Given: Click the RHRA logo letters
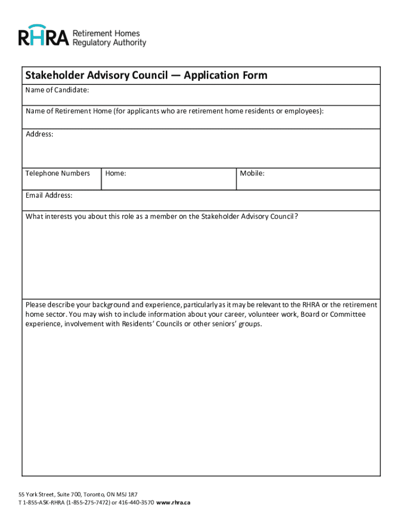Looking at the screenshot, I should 44,37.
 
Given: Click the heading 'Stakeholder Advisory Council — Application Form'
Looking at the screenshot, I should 147,76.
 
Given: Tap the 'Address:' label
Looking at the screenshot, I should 39,135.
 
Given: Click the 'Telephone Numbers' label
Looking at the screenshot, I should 58,173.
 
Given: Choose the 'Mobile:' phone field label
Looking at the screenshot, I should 252,173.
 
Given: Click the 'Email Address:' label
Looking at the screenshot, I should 49,196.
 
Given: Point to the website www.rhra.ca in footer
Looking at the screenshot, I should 173,503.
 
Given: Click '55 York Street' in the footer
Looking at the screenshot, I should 36,494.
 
